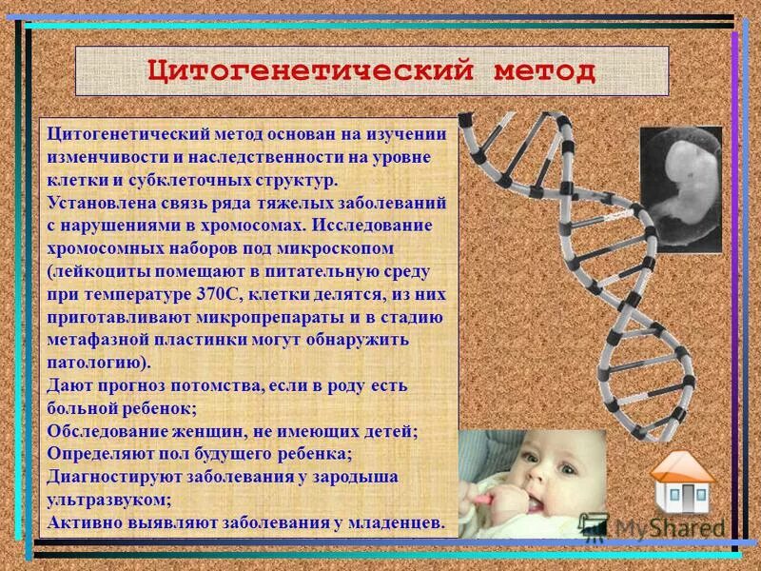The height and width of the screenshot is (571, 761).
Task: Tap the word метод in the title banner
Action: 543,71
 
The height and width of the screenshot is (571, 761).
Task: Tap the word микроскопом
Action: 341,249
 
